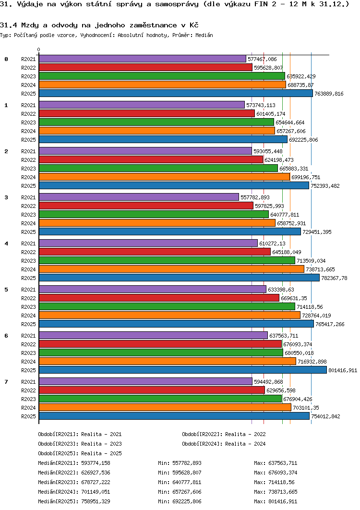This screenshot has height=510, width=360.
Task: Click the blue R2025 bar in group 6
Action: point(183,370)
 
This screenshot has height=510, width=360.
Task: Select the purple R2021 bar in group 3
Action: point(139,197)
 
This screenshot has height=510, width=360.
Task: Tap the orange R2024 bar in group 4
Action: point(171,269)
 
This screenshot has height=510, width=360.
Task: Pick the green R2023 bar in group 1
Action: point(156,122)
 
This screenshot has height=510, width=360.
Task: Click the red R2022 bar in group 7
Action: point(152,390)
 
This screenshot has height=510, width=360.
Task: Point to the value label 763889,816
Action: point(329,94)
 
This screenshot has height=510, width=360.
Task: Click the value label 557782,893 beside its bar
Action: point(255,197)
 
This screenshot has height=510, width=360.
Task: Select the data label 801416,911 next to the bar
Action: point(343,370)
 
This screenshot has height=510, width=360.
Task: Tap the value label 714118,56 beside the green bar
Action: point(310,307)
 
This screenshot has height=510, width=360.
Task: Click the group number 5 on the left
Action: point(6,290)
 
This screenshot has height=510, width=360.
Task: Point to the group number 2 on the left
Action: point(6,151)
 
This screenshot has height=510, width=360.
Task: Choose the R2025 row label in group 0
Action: point(29,94)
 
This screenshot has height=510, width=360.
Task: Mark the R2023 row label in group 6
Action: point(29,353)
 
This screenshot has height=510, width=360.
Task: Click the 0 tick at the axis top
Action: point(39,50)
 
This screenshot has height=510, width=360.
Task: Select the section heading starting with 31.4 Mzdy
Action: point(99,25)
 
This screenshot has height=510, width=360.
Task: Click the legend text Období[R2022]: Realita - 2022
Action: point(224,434)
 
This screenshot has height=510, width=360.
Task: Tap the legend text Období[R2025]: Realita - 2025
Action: point(80,453)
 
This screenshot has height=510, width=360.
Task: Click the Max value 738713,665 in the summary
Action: point(283,492)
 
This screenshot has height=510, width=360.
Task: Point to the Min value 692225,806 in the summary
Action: point(187,501)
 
